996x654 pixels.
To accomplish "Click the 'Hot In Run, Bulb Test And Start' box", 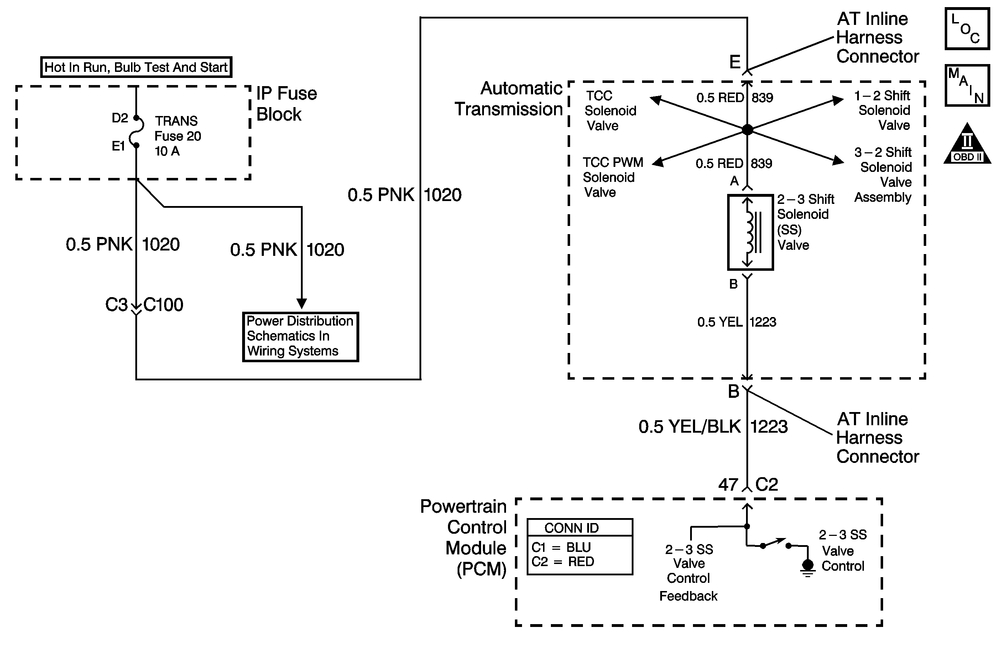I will (136, 67).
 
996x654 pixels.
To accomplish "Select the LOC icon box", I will (967, 29).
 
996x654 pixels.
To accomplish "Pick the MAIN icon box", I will (967, 85).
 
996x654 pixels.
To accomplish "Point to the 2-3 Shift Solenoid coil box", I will (750, 232).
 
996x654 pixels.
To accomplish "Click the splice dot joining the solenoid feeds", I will (747, 130).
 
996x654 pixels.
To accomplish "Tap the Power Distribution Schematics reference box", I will (301, 336).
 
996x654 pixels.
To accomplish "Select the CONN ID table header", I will (580, 528).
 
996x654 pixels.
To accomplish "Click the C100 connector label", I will (163, 305).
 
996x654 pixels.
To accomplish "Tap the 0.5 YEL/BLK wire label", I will (690, 427).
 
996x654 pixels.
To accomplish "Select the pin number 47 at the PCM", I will (728, 485).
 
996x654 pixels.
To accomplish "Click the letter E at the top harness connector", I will (735, 62).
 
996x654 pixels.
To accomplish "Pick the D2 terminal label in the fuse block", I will (120, 118).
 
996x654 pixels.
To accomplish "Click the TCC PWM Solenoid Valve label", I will (612, 177).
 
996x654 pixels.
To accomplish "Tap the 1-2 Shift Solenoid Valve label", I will (883, 110).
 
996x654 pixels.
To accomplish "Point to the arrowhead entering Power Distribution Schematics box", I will (302, 303).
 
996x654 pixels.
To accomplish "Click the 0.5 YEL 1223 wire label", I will (736, 322).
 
